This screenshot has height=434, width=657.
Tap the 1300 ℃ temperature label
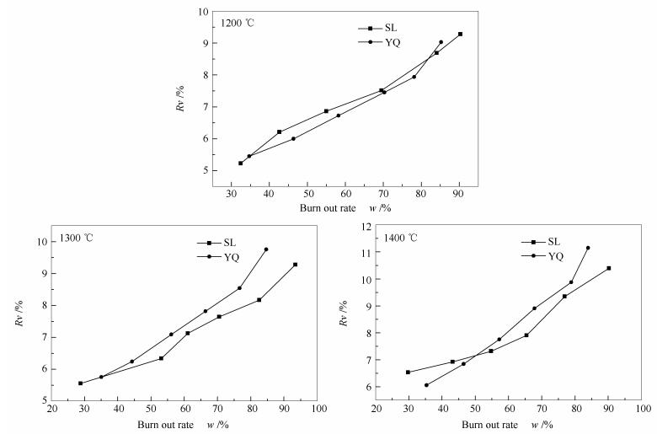(x=77, y=238)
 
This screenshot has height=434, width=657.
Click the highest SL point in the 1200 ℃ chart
(x=460, y=35)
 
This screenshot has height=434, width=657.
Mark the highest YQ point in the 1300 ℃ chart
(x=266, y=249)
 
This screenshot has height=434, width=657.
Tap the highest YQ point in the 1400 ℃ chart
(x=588, y=248)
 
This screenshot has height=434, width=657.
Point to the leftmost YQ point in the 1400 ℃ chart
(x=426, y=385)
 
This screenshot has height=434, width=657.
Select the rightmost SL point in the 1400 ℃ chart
(x=608, y=268)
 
